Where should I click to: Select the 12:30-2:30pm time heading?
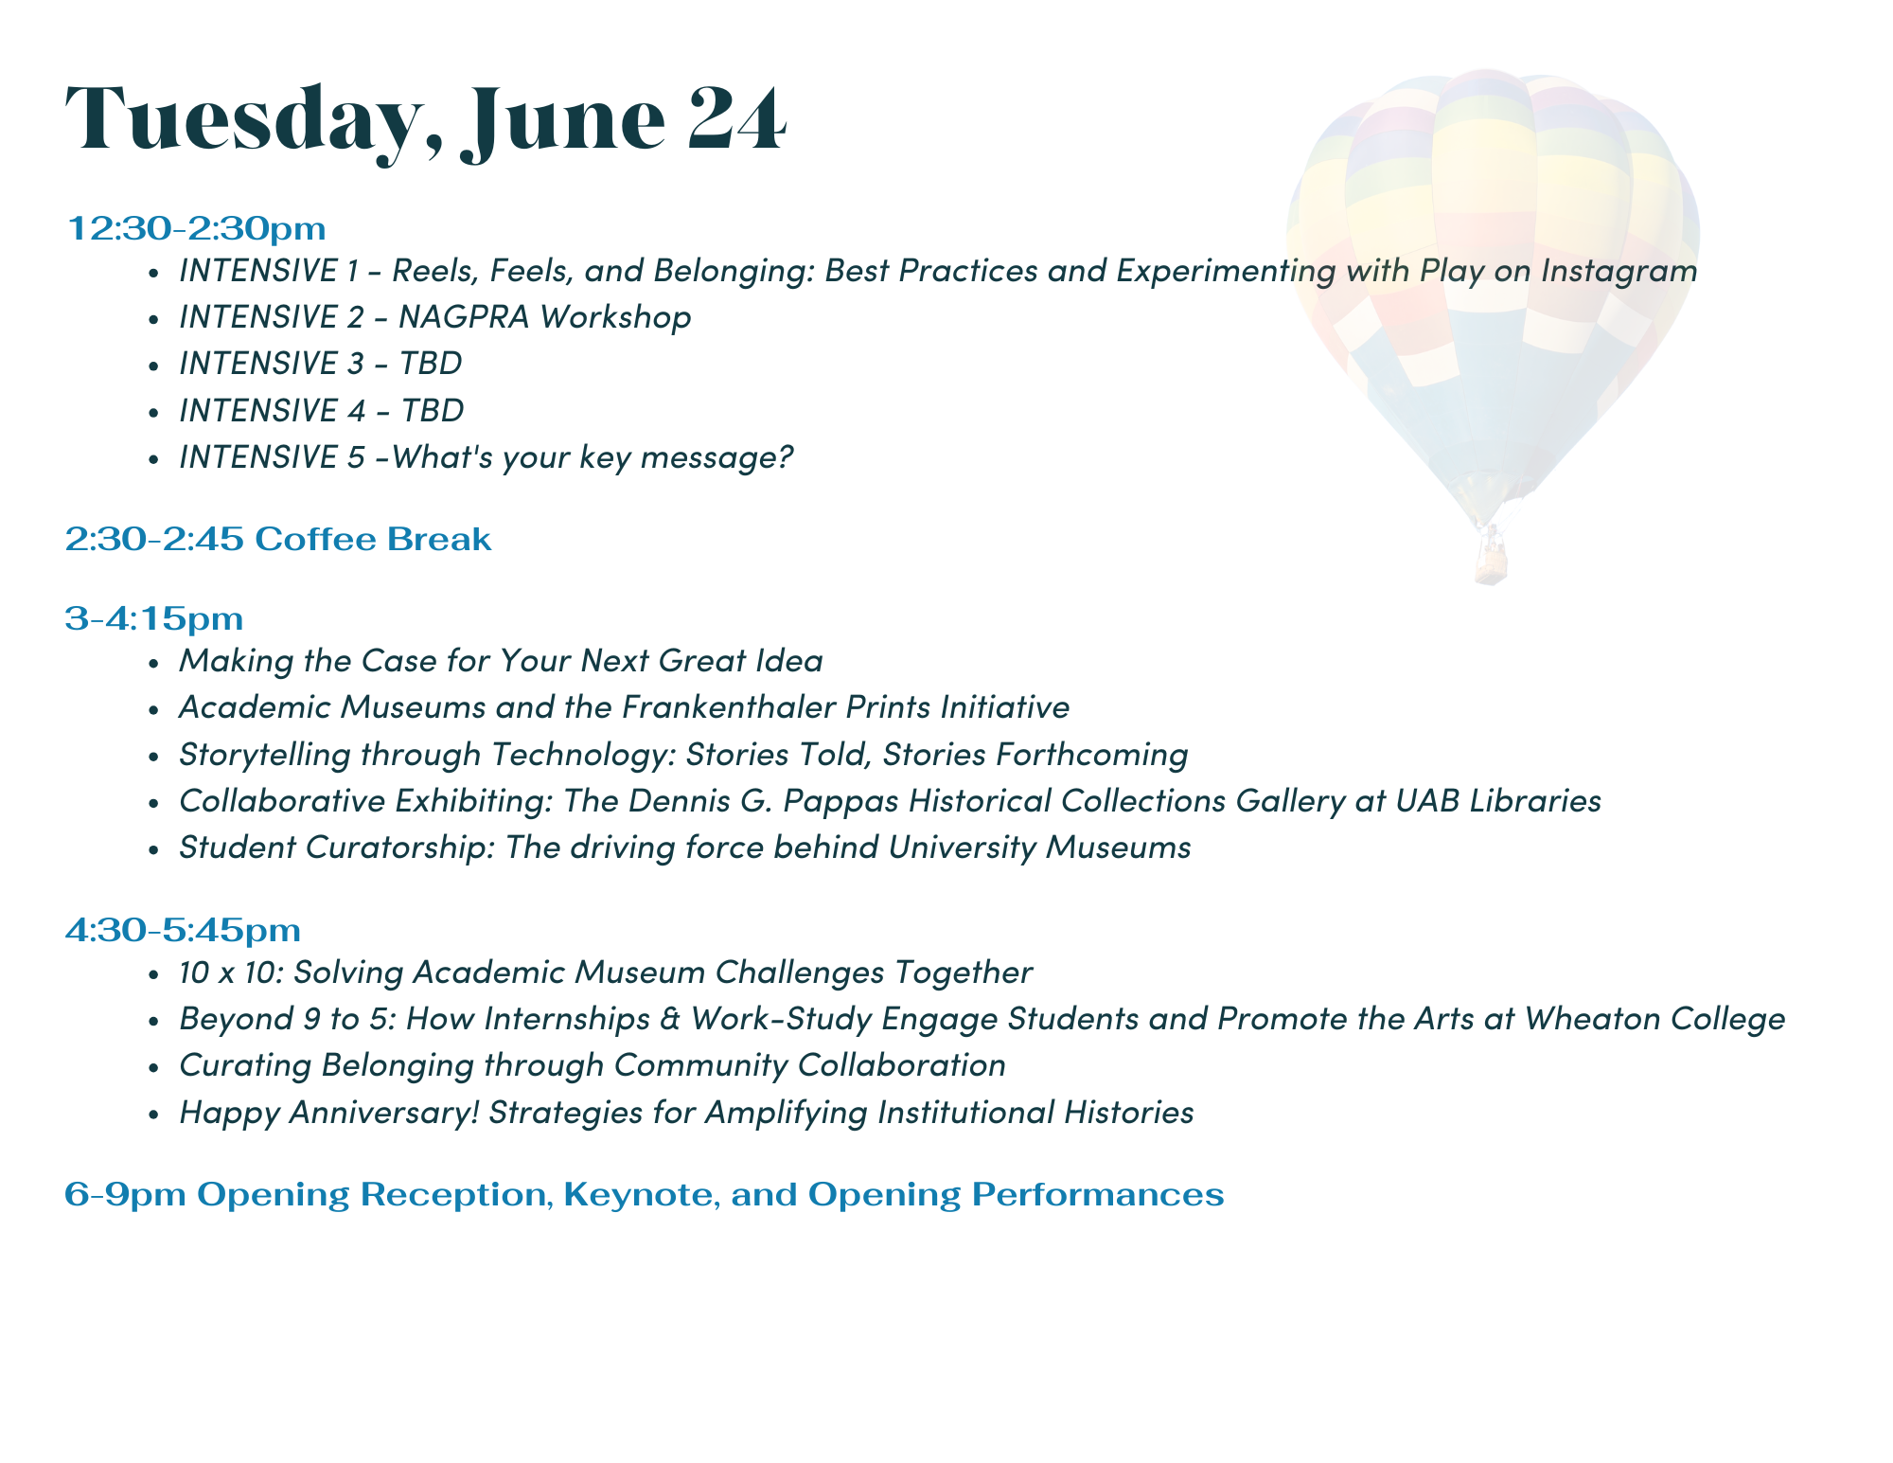(196, 228)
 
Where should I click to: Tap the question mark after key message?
(785, 456)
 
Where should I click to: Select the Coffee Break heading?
(373, 539)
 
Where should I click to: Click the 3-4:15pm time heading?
(154, 619)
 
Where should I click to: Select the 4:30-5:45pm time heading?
(183, 931)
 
